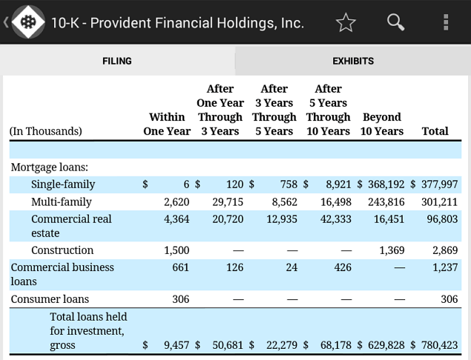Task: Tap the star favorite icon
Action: [x=346, y=22]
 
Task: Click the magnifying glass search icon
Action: [x=395, y=22]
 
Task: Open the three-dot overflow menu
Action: [x=446, y=22]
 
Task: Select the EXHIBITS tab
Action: [x=353, y=61]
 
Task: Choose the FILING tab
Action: [x=117, y=61]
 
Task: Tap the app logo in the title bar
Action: [x=28, y=22]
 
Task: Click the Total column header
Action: [x=435, y=131]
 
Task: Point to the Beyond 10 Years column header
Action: [x=382, y=124]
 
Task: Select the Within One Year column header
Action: [x=167, y=124]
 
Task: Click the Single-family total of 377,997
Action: [x=439, y=184]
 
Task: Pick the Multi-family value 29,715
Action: [x=228, y=202]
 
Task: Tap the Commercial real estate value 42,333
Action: [x=336, y=219]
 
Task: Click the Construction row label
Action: [x=62, y=250]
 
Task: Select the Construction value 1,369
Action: [x=392, y=250]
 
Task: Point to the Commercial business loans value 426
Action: [x=343, y=267]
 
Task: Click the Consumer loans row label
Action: [x=50, y=299]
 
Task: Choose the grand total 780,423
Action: [x=439, y=345]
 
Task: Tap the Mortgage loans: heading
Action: [x=50, y=167]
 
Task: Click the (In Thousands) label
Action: [x=46, y=131]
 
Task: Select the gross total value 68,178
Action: [x=336, y=345]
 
